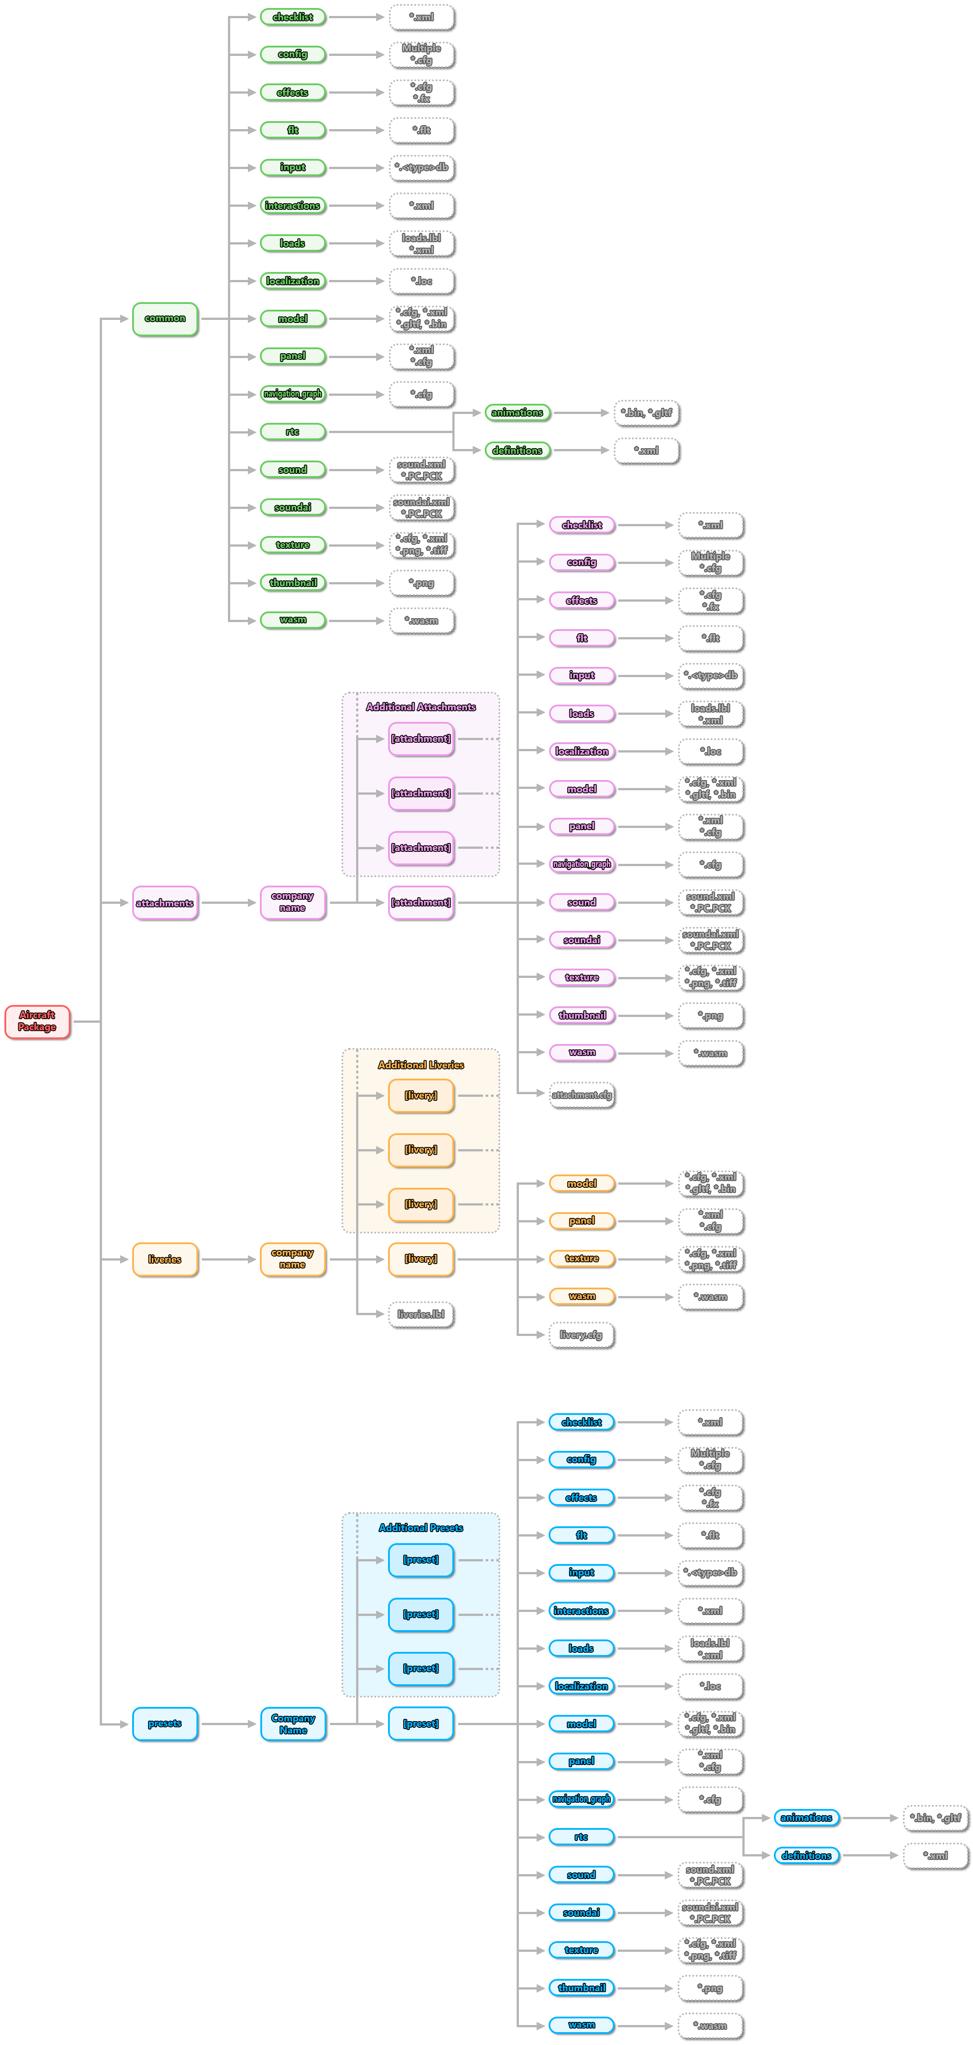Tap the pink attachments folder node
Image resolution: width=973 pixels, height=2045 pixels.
click(165, 902)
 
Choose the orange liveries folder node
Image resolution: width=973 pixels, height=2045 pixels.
click(165, 1259)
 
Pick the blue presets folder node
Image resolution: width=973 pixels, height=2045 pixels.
click(165, 1723)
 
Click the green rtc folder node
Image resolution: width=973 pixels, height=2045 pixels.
click(293, 432)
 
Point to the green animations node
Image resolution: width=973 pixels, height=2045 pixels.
click(518, 413)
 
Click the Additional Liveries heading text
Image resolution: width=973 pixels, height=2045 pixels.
click(420, 1064)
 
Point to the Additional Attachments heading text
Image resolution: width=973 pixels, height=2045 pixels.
click(420, 706)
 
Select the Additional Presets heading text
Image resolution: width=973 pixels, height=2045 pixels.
click(420, 1527)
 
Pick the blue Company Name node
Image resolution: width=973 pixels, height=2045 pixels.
click(293, 1723)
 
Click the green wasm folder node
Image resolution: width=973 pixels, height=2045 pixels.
click(293, 620)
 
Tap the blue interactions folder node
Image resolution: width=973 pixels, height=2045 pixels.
click(582, 1611)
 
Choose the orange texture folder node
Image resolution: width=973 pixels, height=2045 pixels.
click(582, 1258)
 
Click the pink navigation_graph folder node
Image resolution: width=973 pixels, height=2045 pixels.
click(582, 864)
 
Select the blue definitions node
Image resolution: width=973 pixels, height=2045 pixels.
click(806, 1855)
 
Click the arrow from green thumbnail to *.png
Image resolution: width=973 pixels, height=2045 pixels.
click(357, 583)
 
